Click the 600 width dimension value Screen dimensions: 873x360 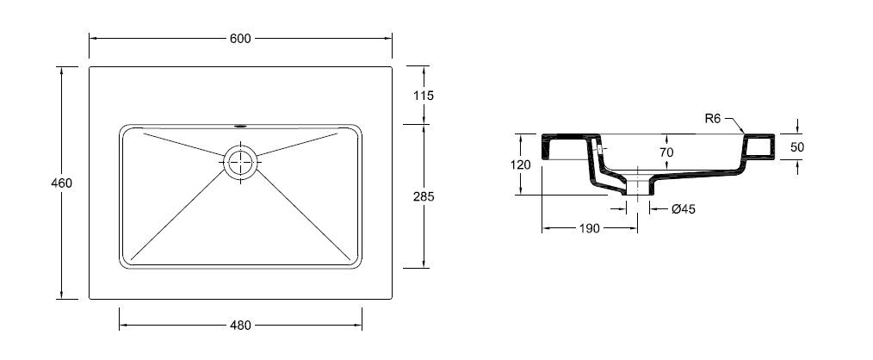click(240, 39)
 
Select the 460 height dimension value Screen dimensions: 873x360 click(61, 183)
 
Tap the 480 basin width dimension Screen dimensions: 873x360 click(240, 326)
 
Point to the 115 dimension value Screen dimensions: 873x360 click(424, 96)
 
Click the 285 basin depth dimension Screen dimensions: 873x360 click(424, 196)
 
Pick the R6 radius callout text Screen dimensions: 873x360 click(714, 118)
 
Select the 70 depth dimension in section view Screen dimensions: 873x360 click(666, 152)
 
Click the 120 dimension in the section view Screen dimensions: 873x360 click(520, 164)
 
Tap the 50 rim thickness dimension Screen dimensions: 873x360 click(797, 147)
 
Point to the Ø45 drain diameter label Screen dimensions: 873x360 click(683, 209)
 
